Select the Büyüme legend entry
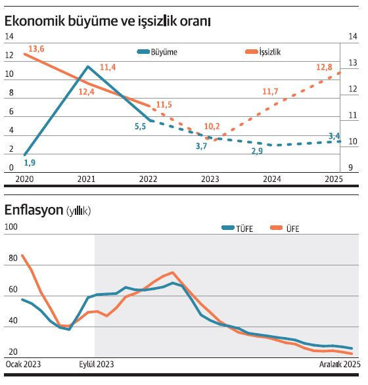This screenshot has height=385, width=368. click(x=158, y=51)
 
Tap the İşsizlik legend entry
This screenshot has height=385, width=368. click(x=262, y=51)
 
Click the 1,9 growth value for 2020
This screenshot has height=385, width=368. click(x=29, y=162)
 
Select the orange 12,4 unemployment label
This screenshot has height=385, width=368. click(x=86, y=93)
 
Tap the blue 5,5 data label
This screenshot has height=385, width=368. click(x=140, y=126)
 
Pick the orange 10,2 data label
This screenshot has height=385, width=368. click(x=212, y=125)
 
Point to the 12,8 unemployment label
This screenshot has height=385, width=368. click(x=324, y=67)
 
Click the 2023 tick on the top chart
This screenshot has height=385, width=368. click(x=210, y=179)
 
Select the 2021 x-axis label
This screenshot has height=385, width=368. click(x=86, y=179)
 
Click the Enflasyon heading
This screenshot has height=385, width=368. click(x=33, y=210)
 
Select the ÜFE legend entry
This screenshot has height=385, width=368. click(x=288, y=228)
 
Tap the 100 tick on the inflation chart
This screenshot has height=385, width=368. click(x=11, y=227)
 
